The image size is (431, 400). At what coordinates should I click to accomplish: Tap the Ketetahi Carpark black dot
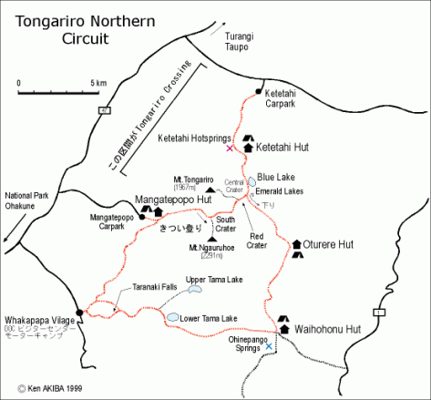click(x=259, y=92)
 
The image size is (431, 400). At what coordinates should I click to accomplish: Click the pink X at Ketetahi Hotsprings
click(x=230, y=148)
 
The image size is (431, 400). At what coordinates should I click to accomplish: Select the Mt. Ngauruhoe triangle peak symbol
click(x=212, y=239)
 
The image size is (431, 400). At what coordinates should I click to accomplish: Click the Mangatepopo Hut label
click(x=173, y=199)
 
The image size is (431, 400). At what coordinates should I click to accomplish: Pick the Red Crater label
click(x=262, y=241)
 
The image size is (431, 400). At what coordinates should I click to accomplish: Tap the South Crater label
click(x=226, y=223)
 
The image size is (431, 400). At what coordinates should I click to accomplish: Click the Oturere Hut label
click(x=328, y=245)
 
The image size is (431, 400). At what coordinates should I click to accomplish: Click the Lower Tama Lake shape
click(x=173, y=316)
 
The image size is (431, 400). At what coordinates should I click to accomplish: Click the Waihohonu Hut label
click(x=328, y=329)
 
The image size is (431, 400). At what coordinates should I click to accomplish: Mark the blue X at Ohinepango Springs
click(x=267, y=347)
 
